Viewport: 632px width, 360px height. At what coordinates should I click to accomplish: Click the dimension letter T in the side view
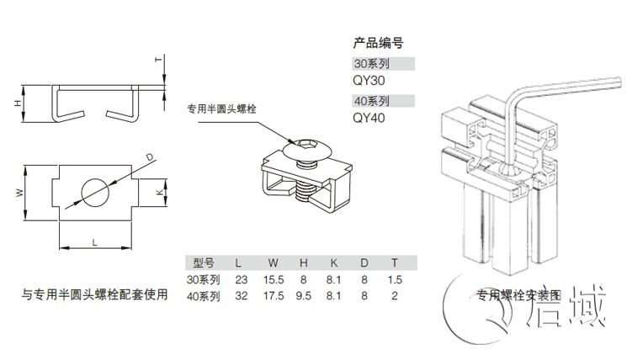click(157, 61)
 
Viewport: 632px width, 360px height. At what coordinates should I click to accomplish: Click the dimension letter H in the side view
click(15, 103)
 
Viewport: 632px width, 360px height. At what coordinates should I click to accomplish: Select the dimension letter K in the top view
click(160, 193)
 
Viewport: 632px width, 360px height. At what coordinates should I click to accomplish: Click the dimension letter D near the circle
click(148, 157)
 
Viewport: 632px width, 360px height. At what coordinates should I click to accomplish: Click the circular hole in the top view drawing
click(94, 193)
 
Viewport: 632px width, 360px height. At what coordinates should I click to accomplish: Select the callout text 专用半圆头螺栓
click(222, 109)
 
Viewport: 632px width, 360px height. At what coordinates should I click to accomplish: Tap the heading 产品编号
click(378, 43)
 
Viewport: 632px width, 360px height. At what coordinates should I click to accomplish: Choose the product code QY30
click(369, 82)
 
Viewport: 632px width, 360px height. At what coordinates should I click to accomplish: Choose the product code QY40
click(369, 119)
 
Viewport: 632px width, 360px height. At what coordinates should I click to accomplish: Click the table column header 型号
click(204, 262)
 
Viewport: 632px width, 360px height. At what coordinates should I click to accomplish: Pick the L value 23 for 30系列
click(241, 279)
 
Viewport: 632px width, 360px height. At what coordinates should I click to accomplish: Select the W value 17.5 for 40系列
click(274, 296)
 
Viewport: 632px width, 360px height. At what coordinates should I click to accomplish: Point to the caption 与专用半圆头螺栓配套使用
click(94, 294)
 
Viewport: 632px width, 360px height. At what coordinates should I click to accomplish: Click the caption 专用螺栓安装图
click(518, 295)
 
